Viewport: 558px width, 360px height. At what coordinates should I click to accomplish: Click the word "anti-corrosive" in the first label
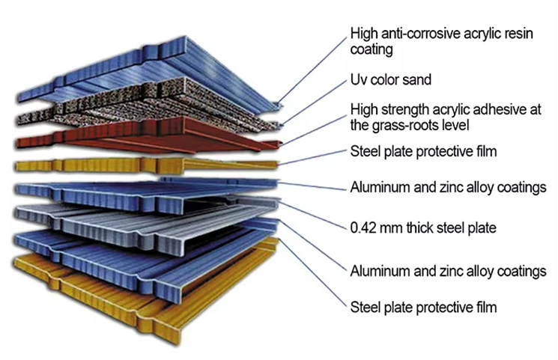point(413,34)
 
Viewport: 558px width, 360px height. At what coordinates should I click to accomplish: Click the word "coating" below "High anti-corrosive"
point(372,50)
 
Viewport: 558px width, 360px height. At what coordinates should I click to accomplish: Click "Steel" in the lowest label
point(366,307)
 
